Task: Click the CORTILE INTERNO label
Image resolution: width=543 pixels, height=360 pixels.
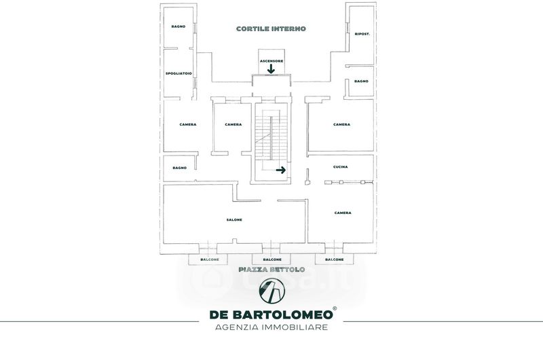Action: tap(271, 29)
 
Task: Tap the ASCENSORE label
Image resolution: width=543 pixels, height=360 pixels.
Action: tap(271, 61)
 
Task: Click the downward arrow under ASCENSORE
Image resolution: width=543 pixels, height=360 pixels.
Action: tap(271, 69)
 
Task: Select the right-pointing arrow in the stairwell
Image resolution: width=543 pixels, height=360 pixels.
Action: tap(280, 170)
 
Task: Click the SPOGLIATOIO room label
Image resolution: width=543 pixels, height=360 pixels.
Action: tap(179, 73)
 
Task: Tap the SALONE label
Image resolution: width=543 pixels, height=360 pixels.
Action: tap(234, 219)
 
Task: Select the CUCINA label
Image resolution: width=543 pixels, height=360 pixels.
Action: tap(341, 167)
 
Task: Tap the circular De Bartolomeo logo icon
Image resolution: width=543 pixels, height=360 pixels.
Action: tap(271, 291)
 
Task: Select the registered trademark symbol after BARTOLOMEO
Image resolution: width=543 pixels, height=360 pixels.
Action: tap(335, 309)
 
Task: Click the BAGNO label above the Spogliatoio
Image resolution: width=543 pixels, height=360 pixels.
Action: tap(179, 26)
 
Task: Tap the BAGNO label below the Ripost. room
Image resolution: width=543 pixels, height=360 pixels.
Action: tap(361, 82)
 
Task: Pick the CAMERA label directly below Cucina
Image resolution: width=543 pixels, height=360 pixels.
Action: tap(343, 213)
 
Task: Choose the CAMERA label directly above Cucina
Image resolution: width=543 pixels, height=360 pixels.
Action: tap(341, 124)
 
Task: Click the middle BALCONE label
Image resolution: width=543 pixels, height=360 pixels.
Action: tap(271, 259)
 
